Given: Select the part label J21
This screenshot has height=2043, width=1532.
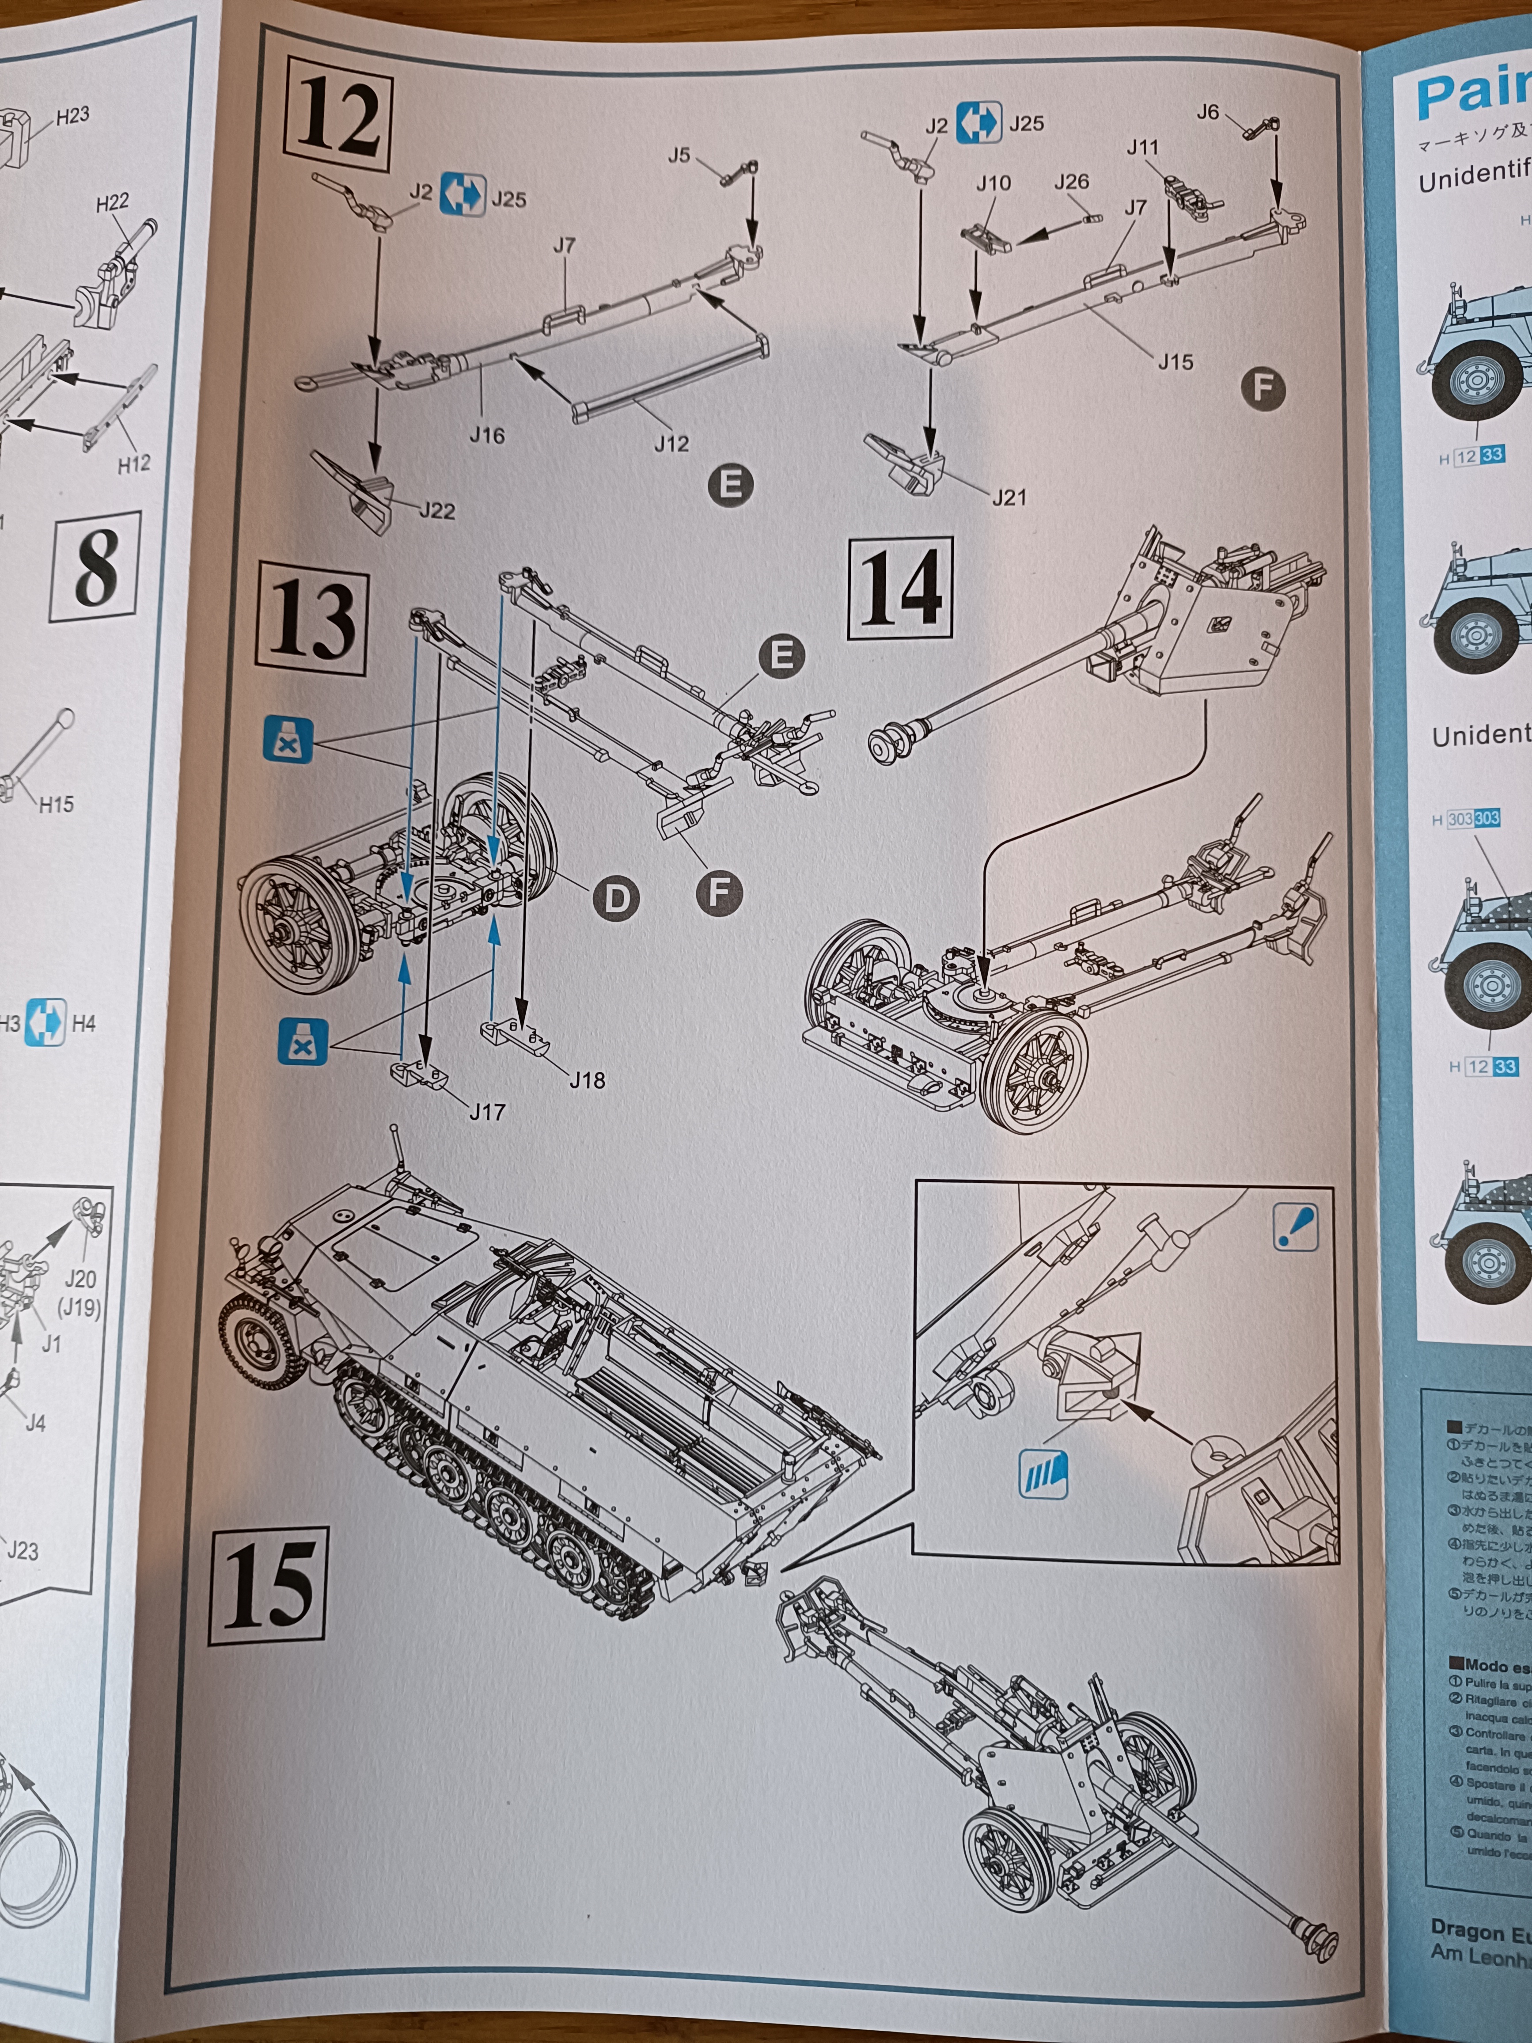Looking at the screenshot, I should [x=1009, y=497].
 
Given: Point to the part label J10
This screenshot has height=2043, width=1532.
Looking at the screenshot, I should [x=994, y=183].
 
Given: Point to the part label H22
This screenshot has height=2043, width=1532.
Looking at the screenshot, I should [x=113, y=201].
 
